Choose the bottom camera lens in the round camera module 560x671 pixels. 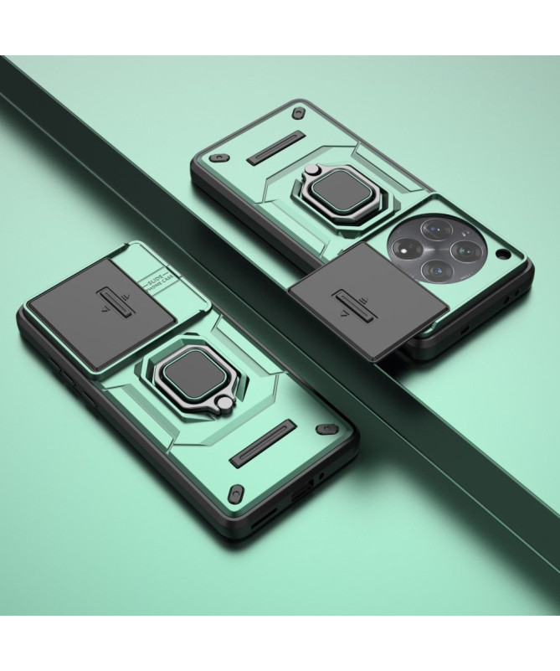433,270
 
